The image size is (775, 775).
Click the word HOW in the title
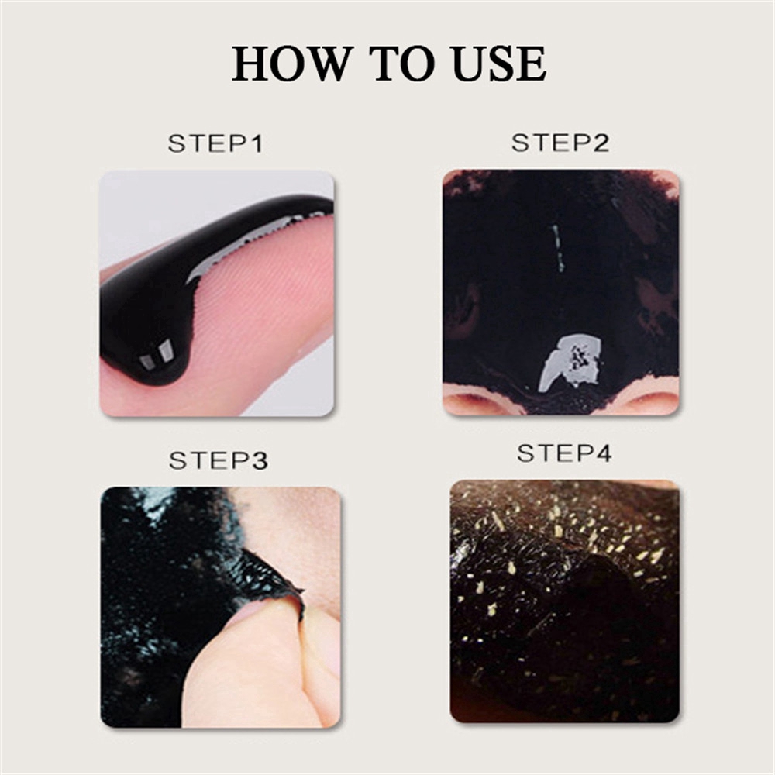(x=290, y=63)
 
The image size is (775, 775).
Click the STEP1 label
(x=215, y=144)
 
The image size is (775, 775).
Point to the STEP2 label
(x=560, y=143)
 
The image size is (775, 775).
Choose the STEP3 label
(x=219, y=460)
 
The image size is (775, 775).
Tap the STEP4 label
(x=564, y=453)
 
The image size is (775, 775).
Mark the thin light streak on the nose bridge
(x=557, y=248)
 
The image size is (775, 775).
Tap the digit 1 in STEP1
(x=256, y=144)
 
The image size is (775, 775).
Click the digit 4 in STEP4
(x=604, y=453)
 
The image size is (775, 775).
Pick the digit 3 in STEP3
(x=260, y=460)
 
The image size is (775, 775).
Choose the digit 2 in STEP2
(x=601, y=143)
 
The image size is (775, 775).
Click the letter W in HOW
(x=322, y=63)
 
